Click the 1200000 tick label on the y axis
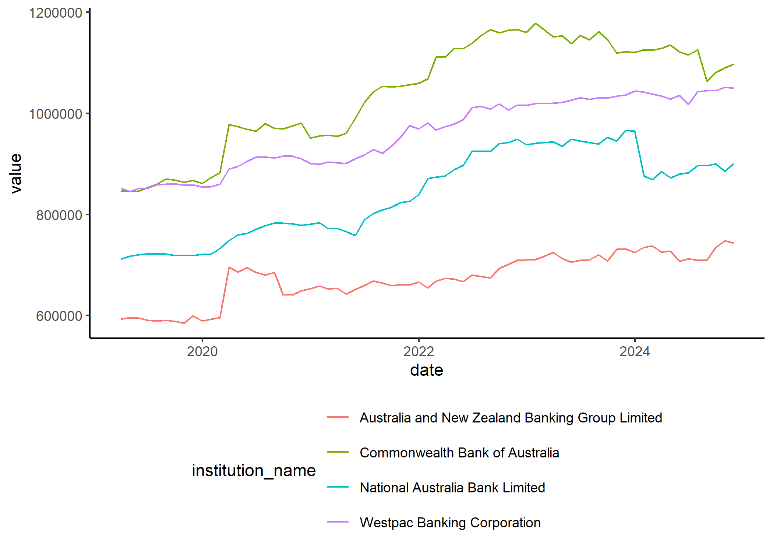tap(56, 13)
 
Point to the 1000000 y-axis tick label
tap(56, 114)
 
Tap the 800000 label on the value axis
tap(59, 215)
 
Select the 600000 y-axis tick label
tap(59, 316)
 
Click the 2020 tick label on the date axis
tap(202, 351)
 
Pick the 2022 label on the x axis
tap(419, 351)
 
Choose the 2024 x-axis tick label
tap(635, 351)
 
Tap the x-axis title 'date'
tap(427, 370)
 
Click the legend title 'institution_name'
tap(254, 471)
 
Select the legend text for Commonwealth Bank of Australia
tap(459, 453)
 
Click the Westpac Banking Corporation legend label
tap(450, 523)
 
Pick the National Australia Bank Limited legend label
tap(452, 488)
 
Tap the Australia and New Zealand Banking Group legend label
tap(511, 418)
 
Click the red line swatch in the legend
tap(338, 417)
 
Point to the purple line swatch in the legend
tap(338, 522)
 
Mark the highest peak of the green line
tap(536, 24)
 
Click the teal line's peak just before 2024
tap(626, 130)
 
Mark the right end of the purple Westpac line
tap(733, 88)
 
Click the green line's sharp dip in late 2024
tap(707, 81)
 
